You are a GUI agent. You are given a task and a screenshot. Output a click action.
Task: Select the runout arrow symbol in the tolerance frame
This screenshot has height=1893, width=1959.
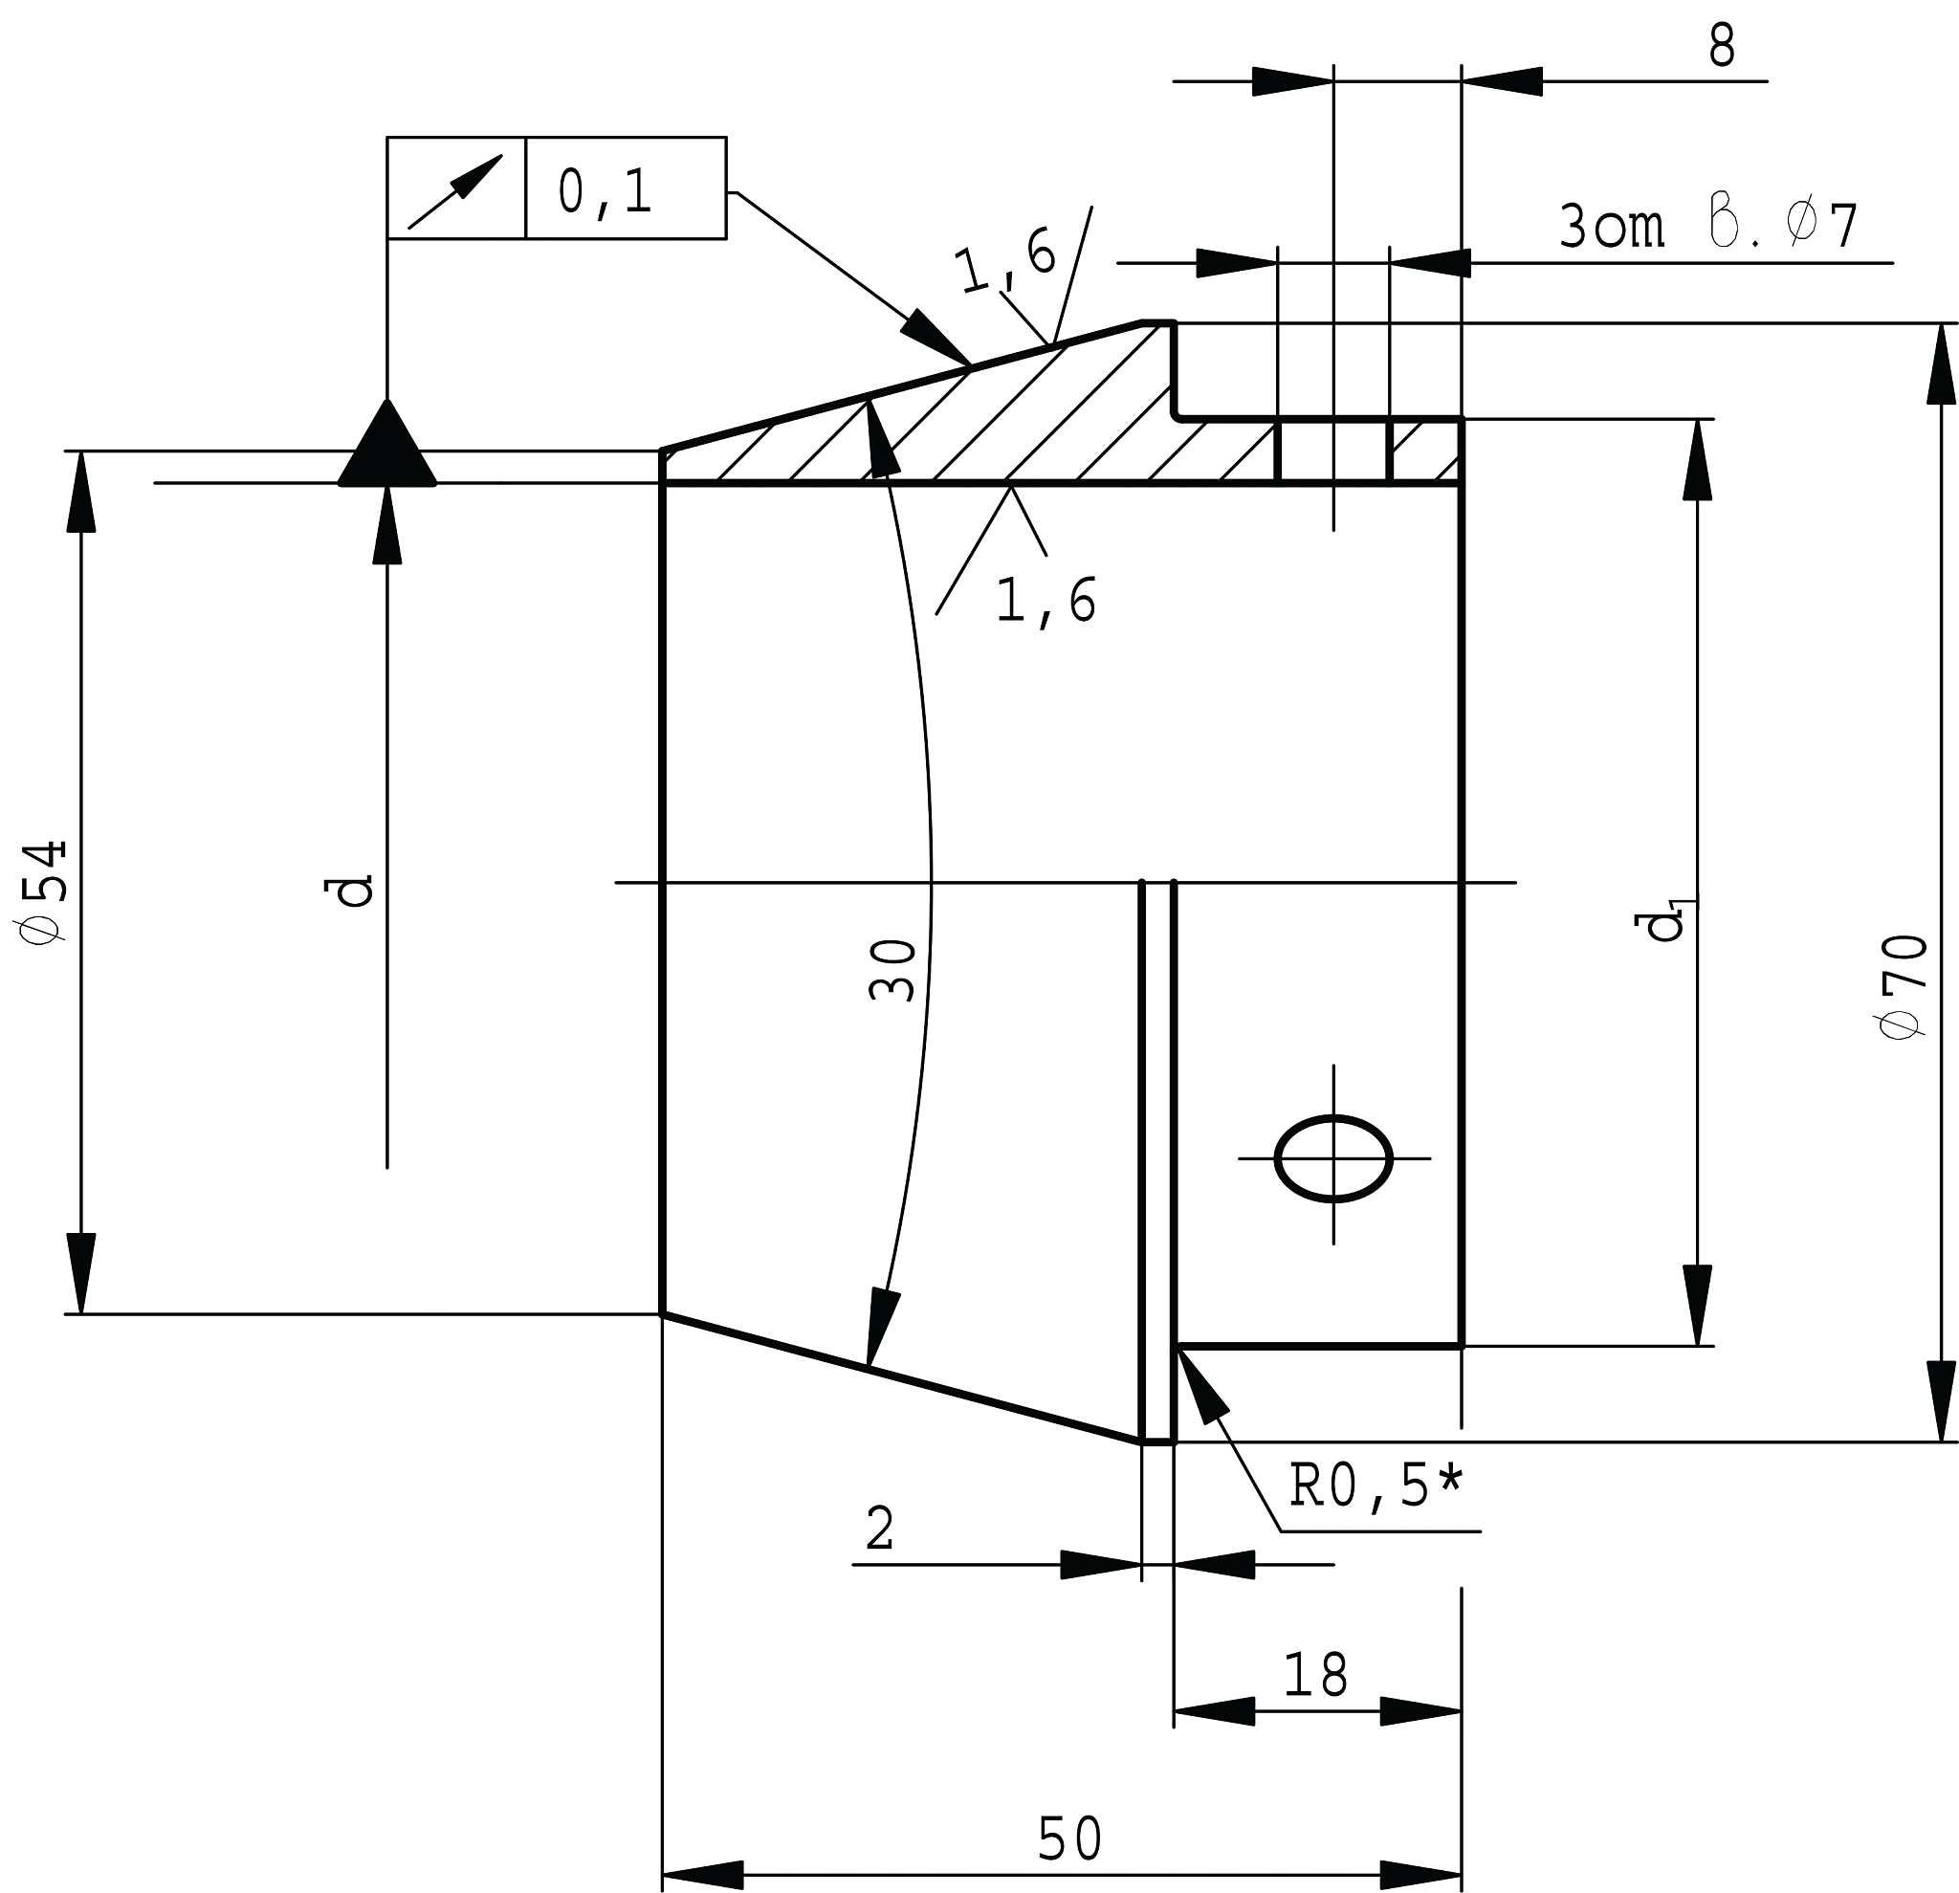454,191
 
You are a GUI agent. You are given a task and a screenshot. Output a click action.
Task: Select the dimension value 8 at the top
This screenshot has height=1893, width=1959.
1721,45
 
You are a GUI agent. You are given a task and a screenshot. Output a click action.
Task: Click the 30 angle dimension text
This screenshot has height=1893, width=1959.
891,970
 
